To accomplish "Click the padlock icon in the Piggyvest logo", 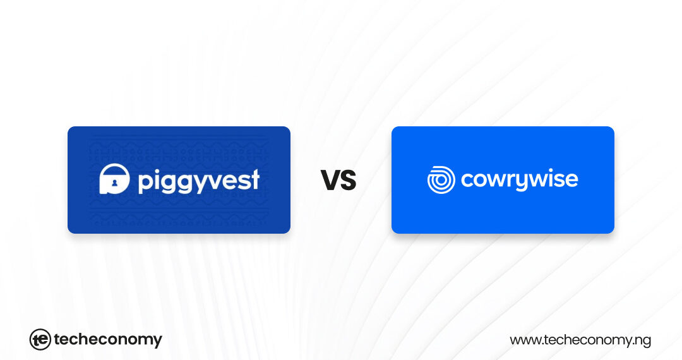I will (x=114, y=179).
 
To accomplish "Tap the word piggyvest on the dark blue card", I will (x=198, y=181).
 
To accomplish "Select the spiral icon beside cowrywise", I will (x=441, y=179).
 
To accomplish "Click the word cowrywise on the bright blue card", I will (x=519, y=180).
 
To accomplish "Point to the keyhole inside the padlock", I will (x=114, y=183).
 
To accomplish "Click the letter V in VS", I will (x=330, y=181).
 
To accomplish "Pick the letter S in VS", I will (x=348, y=181).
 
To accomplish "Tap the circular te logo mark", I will (x=40, y=340).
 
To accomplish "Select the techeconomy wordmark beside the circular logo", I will (x=108, y=340).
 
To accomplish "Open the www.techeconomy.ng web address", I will (x=580, y=340).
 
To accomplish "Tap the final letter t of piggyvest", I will (x=254, y=180).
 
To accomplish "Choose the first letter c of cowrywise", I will (x=467, y=180).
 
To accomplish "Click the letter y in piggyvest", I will (x=196, y=183).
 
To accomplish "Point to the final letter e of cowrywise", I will (x=571, y=180).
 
